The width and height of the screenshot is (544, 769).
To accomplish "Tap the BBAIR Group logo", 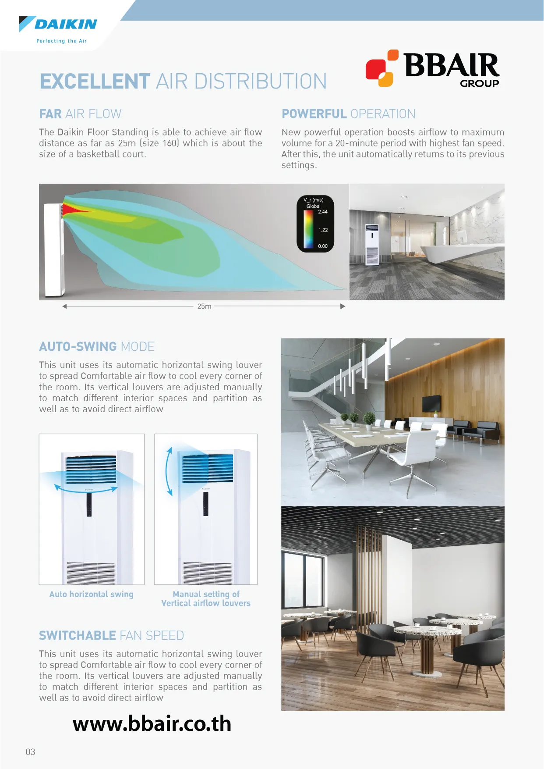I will (433, 69).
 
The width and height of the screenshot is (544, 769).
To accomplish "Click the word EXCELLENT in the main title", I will (95, 82).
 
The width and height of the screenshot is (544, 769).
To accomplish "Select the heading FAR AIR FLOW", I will (80, 114).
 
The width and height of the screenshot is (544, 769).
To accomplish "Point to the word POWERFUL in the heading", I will (314, 114).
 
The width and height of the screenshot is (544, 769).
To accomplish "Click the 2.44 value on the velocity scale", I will (323, 212).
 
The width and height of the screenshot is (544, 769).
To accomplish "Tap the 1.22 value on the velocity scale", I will (323, 230).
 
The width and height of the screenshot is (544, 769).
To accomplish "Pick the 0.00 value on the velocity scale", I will (323, 246).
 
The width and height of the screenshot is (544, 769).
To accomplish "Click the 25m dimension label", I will (204, 306).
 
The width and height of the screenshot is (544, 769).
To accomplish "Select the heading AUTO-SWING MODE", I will (97, 347).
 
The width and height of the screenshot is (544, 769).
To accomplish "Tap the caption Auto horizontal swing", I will (91, 594).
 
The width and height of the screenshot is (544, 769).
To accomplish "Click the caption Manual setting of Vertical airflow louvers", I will (206, 598).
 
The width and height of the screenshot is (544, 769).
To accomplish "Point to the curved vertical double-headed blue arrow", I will (168, 472).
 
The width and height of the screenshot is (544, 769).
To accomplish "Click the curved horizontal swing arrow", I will (86, 489).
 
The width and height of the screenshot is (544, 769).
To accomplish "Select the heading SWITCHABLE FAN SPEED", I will (111, 636).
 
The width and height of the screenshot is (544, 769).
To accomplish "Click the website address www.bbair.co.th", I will (152, 723).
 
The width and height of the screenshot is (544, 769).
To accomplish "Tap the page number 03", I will (30, 752).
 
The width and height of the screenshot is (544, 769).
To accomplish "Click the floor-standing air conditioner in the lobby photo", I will (372, 245).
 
